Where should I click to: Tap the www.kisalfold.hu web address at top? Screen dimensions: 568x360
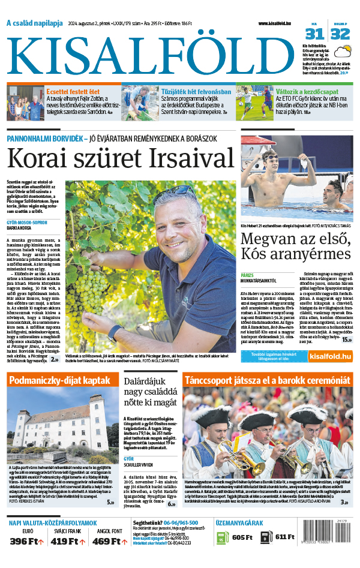279,23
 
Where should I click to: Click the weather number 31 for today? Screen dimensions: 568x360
318,33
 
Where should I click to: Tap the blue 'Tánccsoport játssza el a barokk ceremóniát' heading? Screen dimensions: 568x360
267,380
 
